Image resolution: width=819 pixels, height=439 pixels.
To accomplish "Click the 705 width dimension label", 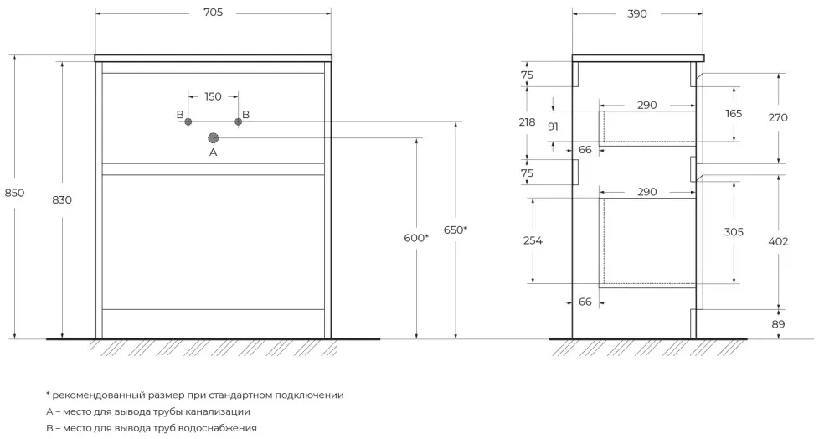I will pyautogui.click(x=213, y=14).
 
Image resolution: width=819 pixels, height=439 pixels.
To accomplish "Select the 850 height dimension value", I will pyautogui.click(x=15, y=192).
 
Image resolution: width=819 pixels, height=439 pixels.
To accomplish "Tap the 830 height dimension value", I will pyautogui.click(x=62, y=199).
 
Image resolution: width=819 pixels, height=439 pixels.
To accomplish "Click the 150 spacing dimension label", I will pyautogui.click(x=213, y=96).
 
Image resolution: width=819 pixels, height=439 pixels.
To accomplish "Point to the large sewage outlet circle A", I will pyautogui.click(x=213, y=137).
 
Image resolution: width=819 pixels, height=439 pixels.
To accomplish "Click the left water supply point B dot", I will pyautogui.click(x=188, y=121).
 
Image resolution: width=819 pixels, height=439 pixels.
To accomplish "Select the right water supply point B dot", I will pyautogui.click(x=238, y=121).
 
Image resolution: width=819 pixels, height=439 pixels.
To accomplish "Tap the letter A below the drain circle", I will pyautogui.click(x=213, y=153).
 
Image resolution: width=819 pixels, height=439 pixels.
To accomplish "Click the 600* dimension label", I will pyautogui.click(x=415, y=237).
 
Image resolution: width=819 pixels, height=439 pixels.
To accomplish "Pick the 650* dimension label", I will pyautogui.click(x=455, y=230).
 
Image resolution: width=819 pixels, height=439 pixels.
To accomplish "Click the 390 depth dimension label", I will pyautogui.click(x=636, y=14).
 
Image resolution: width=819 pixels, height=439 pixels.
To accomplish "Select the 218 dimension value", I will pyautogui.click(x=527, y=121).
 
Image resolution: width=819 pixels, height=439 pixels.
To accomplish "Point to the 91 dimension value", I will pyautogui.click(x=553, y=127).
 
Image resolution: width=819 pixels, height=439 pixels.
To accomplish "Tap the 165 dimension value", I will pyautogui.click(x=734, y=113).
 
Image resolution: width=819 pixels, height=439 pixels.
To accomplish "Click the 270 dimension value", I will pyautogui.click(x=778, y=117).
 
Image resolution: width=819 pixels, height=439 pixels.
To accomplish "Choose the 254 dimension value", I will pyautogui.click(x=533, y=240).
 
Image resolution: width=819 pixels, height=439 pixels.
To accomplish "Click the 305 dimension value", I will pyautogui.click(x=734, y=232).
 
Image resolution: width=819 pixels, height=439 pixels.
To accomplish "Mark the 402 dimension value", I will pyautogui.click(x=778, y=240).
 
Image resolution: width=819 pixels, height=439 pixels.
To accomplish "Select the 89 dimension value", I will pyautogui.click(x=778, y=324).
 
